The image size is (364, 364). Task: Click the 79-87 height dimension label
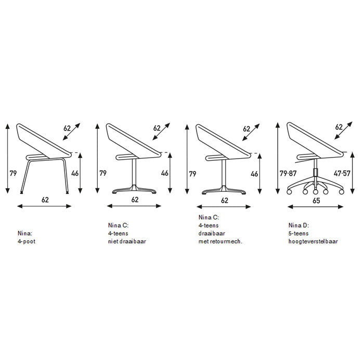point(288,173)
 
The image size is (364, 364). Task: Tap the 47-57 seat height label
point(342,173)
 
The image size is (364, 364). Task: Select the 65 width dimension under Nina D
point(316,201)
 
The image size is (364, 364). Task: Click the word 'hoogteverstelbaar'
point(313,241)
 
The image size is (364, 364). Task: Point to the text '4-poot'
point(27,241)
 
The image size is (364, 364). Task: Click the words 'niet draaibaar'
point(127,241)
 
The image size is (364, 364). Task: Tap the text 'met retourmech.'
point(220,241)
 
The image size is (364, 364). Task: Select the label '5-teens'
point(298,233)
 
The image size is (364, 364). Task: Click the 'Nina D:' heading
point(299,225)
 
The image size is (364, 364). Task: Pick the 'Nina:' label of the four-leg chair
point(25,233)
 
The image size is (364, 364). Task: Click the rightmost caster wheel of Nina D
point(341,192)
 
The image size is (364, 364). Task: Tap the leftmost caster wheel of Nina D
point(289,192)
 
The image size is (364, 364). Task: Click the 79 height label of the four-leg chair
point(13,173)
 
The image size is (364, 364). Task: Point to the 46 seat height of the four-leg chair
point(75,173)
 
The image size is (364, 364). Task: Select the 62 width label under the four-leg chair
point(45,200)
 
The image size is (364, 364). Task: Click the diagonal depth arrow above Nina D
point(343,131)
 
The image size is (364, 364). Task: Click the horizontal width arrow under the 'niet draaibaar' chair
point(134,206)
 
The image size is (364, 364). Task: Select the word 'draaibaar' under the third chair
point(212,233)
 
